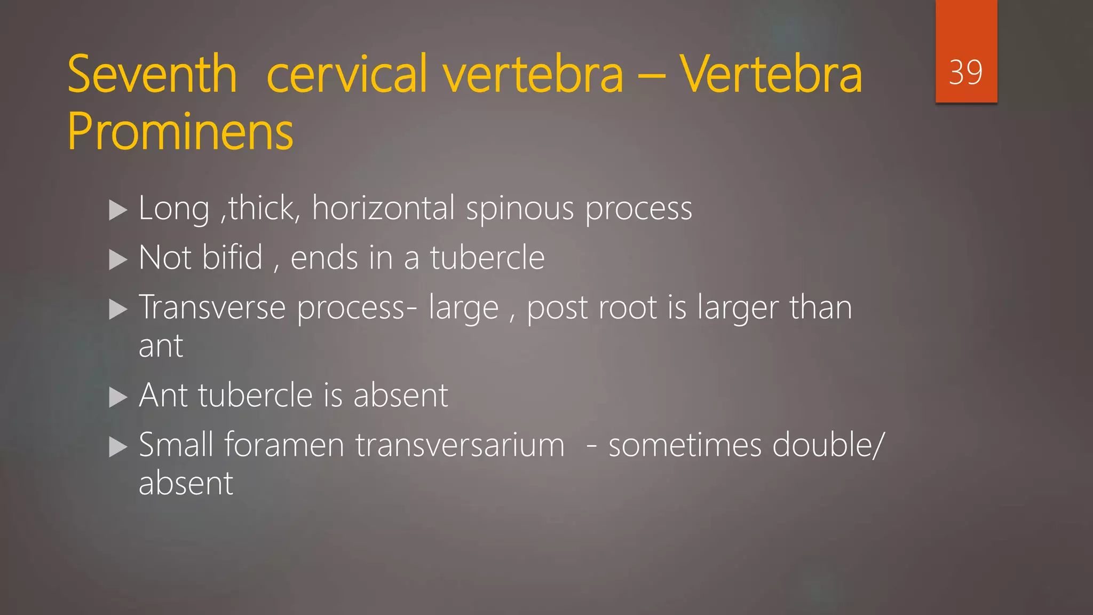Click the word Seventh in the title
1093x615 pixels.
click(152, 74)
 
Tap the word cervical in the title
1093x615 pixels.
click(347, 74)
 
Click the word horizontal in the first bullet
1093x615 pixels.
click(383, 208)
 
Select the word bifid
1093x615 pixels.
click(233, 257)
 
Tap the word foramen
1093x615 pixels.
click(284, 445)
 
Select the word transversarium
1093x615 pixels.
click(460, 445)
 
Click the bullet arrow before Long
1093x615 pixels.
click(118, 210)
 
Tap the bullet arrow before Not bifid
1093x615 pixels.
click(118, 260)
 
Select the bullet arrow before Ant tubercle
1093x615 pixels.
click(118, 397)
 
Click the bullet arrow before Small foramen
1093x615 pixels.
click(118, 447)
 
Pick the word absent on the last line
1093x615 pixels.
click(186, 483)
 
